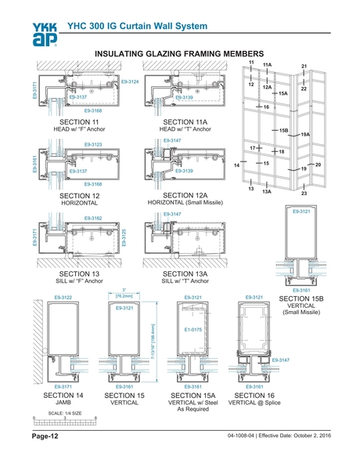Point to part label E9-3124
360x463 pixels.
(129, 81)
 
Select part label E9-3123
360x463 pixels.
(92, 145)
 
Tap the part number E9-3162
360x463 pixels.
(92, 218)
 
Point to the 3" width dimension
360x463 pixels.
(124, 288)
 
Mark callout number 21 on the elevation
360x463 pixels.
(304, 67)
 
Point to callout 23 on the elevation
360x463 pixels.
(304, 192)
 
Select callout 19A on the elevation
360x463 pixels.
(305, 136)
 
